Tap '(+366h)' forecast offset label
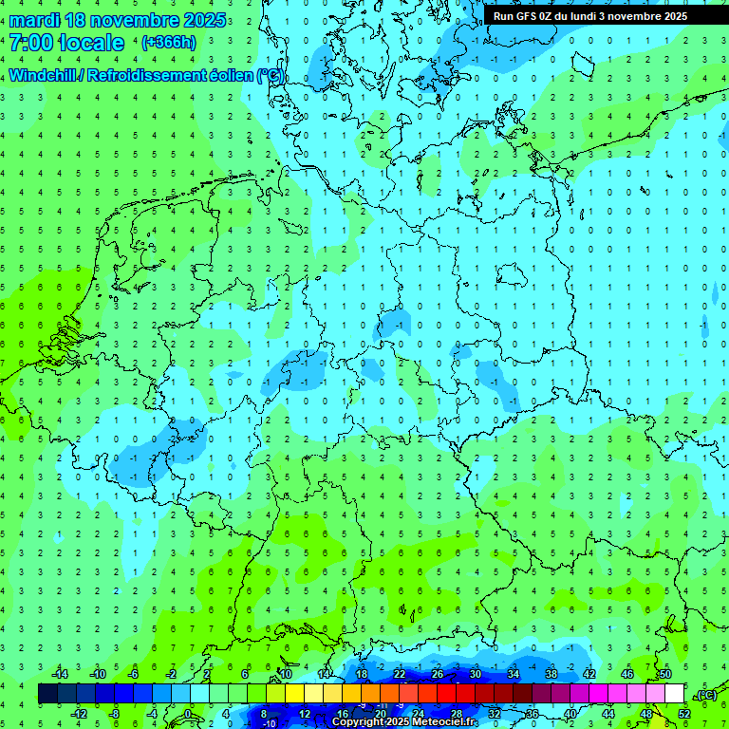168,43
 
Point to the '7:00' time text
31,43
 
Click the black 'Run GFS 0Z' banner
590,16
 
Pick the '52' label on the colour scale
684,714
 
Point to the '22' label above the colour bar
399,674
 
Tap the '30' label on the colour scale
475,674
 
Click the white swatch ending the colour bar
675,694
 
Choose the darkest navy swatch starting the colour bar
47,694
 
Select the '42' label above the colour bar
589,674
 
